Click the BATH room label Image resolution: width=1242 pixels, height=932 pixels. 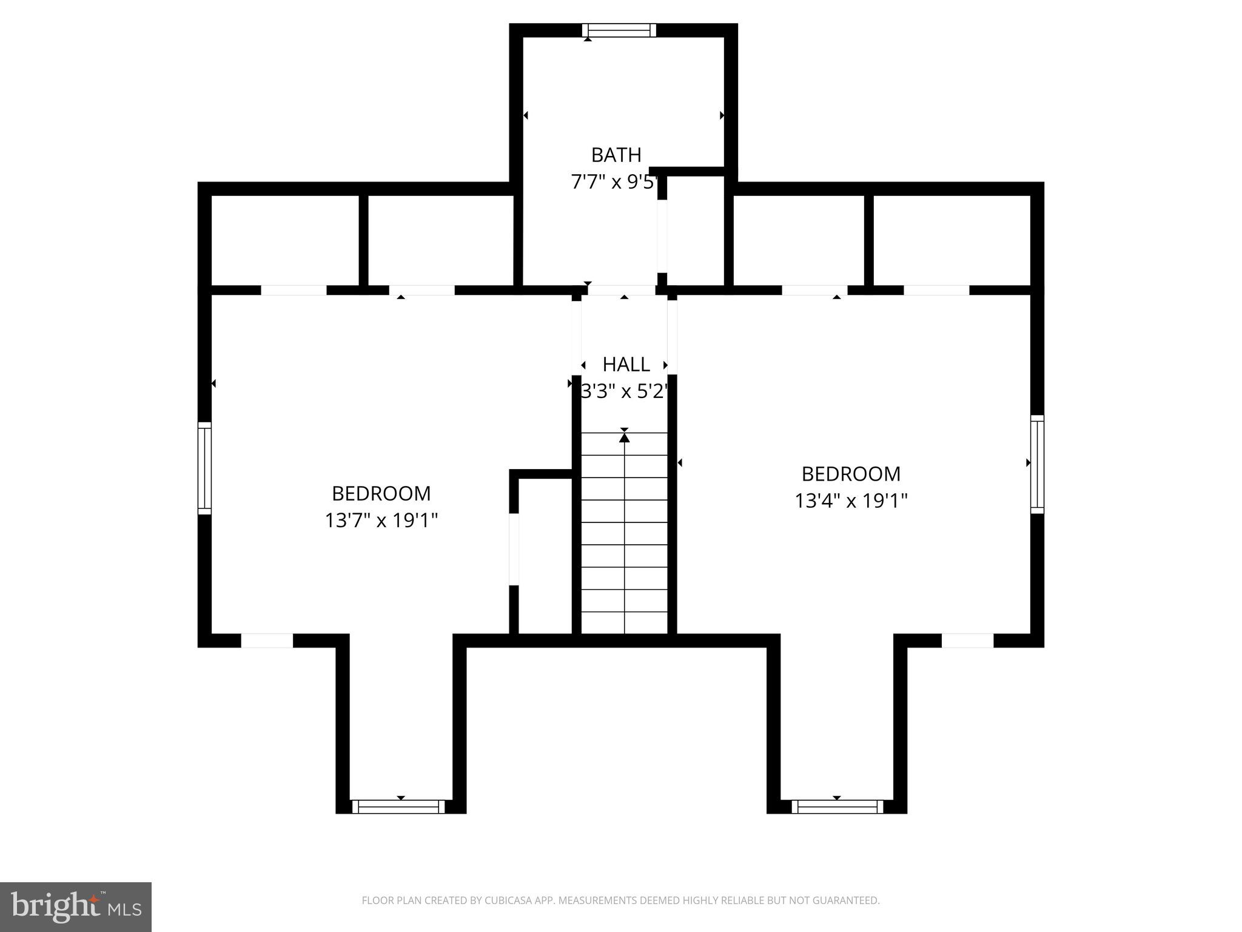[616, 155]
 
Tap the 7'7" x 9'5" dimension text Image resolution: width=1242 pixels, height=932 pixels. [614, 182]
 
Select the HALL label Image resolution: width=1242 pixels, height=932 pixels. [626, 365]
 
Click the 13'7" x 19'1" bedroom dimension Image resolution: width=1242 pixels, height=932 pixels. [381, 521]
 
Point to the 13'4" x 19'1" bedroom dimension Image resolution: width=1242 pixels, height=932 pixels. [851, 501]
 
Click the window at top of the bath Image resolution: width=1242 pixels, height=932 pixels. [619, 30]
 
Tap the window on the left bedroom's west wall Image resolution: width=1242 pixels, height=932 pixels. [205, 468]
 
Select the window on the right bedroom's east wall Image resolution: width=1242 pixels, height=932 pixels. [1037, 464]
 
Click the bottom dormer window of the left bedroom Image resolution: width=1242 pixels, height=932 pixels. [398, 806]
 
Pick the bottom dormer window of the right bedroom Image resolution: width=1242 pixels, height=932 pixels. [837, 806]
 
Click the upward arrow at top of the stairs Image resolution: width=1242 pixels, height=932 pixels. [625, 437]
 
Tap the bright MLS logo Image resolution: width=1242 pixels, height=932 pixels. [76, 907]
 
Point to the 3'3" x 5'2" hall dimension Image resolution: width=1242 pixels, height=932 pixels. [625, 392]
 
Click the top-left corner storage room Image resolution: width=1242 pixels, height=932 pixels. [285, 240]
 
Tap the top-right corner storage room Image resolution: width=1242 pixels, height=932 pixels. [951, 240]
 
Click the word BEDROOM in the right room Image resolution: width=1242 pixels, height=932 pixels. [851, 474]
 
